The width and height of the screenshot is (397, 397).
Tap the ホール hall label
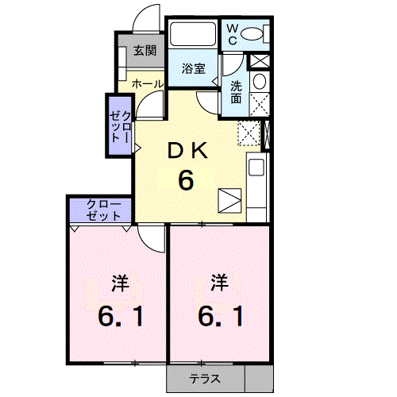(x=147, y=83)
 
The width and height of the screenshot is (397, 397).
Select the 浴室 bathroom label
(x=194, y=68)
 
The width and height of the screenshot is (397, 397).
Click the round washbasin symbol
(x=258, y=82)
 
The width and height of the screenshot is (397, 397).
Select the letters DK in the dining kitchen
(x=186, y=149)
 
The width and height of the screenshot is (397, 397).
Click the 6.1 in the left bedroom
(x=120, y=317)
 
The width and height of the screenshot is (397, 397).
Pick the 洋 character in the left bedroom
(x=120, y=283)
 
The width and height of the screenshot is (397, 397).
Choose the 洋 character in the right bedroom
(x=220, y=282)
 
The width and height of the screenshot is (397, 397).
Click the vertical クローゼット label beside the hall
(x=120, y=125)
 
